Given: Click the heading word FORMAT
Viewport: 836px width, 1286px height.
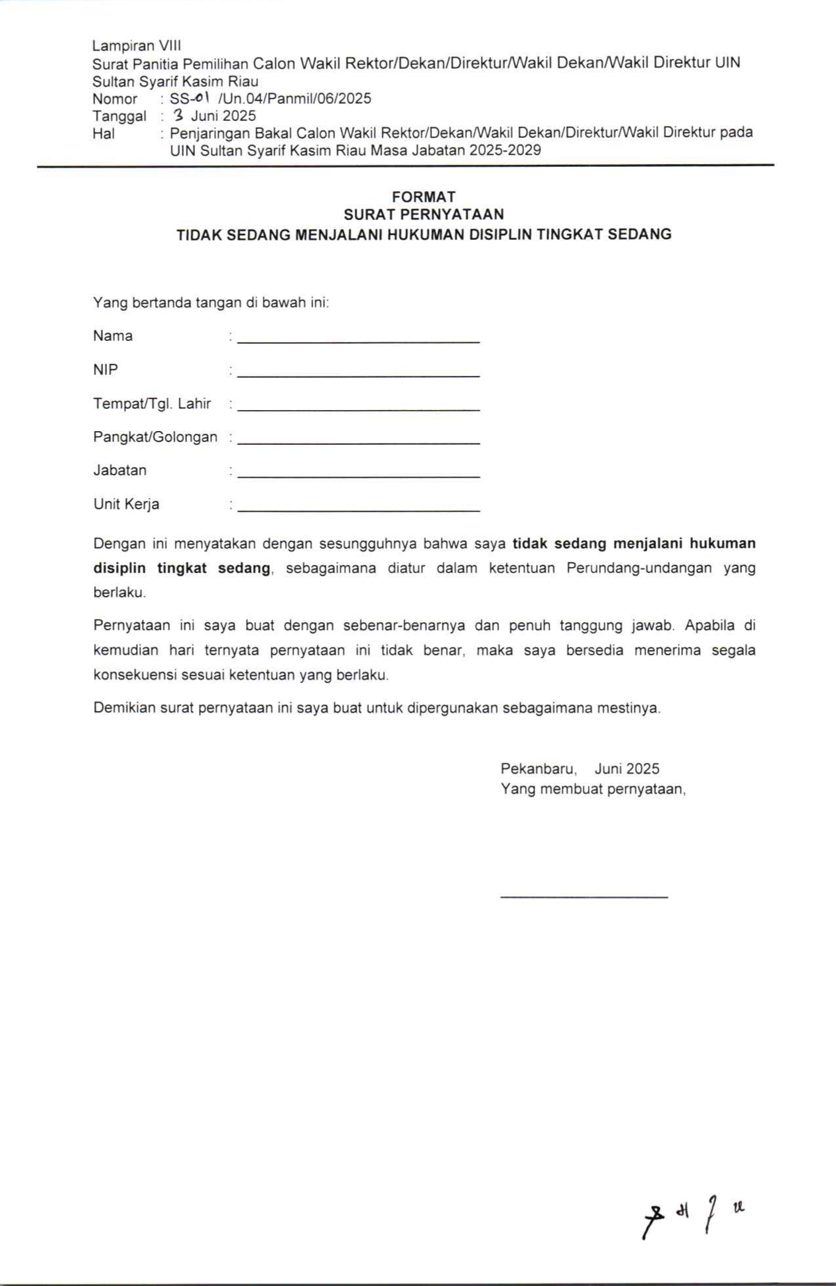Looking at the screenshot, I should click(424, 196).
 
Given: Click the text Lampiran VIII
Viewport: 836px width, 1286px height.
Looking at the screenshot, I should click(137, 45).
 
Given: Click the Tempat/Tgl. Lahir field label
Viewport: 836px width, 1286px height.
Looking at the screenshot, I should click(152, 403).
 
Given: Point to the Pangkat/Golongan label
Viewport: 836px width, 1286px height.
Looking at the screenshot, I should click(155, 437).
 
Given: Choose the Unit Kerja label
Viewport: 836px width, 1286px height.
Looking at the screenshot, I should click(126, 504).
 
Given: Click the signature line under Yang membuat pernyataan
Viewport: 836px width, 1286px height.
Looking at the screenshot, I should click(584, 896).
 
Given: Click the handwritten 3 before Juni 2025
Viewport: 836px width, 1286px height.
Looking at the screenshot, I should click(178, 116).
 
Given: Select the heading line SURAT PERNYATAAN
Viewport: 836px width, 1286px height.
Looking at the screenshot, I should click(424, 214).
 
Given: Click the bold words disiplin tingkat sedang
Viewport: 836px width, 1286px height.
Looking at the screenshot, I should click(182, 568).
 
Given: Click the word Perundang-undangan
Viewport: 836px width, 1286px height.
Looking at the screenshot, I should click(639, 568).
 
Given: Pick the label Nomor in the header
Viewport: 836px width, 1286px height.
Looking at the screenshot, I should click(115, 99).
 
